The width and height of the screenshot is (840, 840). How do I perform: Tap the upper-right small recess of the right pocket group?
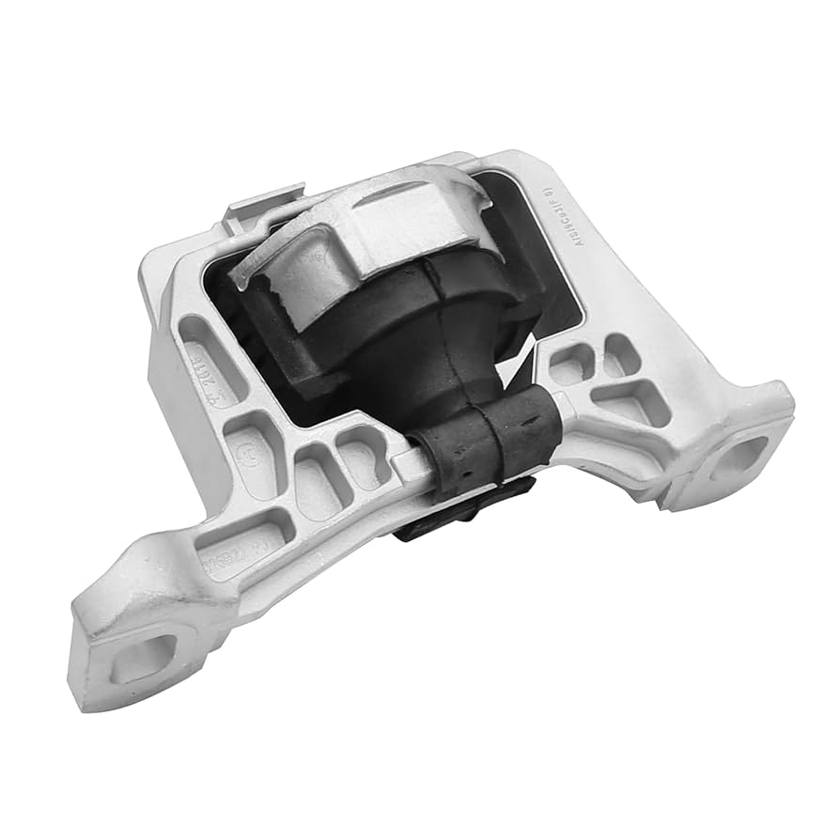(x=621, y=355)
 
